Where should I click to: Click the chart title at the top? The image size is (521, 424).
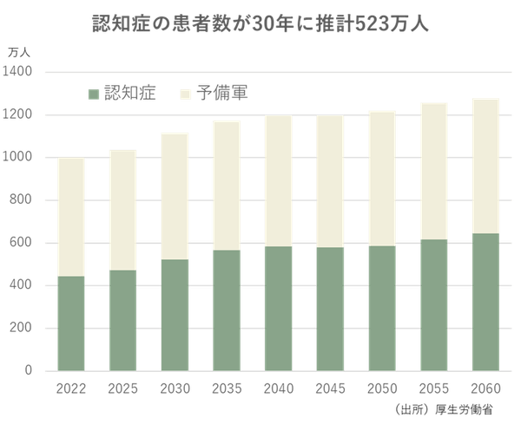260,22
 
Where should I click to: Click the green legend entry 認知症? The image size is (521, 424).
122,93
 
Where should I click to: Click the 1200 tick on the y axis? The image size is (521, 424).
18,114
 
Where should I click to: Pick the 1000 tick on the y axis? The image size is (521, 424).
18,158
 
